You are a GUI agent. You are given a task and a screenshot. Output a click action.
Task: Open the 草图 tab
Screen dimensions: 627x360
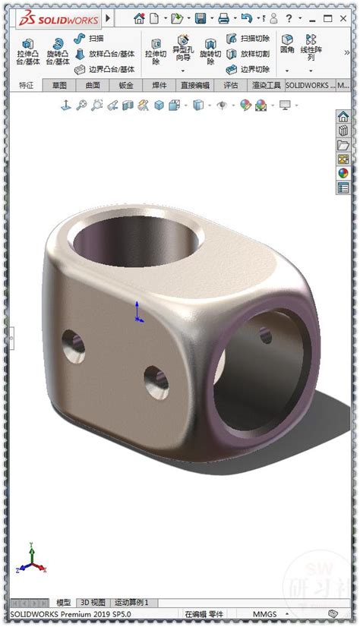tap(59, 86)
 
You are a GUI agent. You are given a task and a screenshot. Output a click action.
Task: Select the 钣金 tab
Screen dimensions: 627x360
tap(126, 86)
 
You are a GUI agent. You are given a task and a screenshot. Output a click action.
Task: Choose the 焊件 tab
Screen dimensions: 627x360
tap(159, 86)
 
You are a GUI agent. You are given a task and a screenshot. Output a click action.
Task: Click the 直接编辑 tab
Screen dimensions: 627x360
tap(194, 86)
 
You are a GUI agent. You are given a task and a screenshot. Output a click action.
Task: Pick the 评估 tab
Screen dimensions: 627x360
tap(231, 86)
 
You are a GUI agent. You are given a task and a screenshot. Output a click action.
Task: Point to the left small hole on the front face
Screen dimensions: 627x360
tap(74, 344)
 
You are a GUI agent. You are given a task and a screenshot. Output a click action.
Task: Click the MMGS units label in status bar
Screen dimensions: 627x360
tap(264, 614)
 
